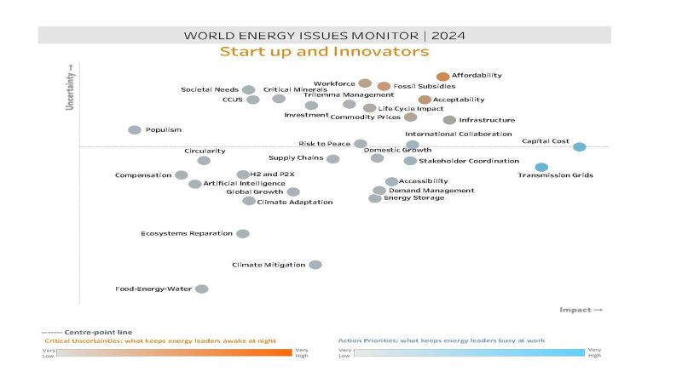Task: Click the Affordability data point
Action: point(442,77)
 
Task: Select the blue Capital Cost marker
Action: point(579,146)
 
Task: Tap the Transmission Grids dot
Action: point(541,167)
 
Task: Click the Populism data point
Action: point(134,130)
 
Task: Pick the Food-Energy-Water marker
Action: point(201,289)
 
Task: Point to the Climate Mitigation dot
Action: point(315,265)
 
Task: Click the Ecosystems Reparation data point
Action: point(242,233)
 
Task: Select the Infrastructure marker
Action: point(449,120)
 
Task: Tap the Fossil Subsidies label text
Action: point(425,86)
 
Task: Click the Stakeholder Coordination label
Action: point(468,161)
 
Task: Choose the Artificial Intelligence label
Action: point(244,183)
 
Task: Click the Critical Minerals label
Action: point(295,89)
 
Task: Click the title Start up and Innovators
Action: point(324,52)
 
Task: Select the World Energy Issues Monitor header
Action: point(324,36)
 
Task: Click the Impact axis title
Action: point(581,310)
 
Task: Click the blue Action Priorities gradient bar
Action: point(469,352)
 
